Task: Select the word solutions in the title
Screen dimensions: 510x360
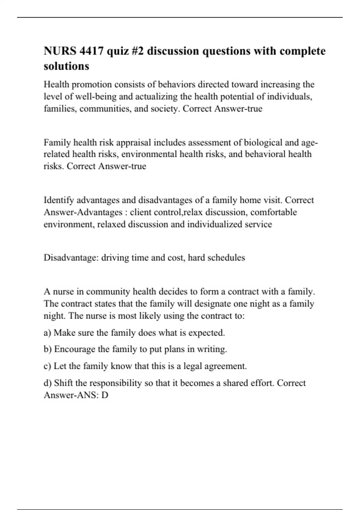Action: click(x=66, y=66)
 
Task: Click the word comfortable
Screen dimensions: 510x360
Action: click(x=273, y=212)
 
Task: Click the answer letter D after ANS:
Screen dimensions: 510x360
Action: click(x=105, y=395)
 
